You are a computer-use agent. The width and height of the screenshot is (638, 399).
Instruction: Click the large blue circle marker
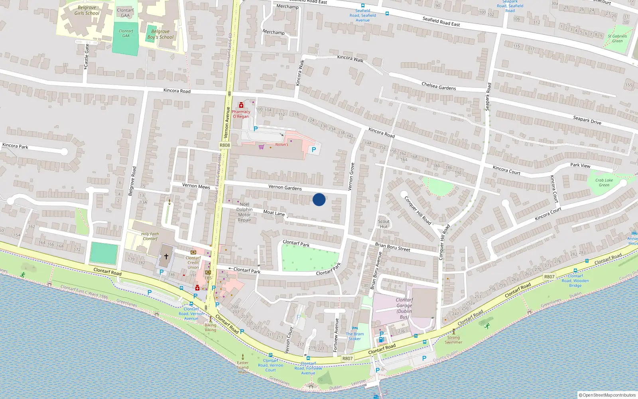pos(319,199)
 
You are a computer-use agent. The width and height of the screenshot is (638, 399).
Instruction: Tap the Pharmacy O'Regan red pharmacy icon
pos(241,105)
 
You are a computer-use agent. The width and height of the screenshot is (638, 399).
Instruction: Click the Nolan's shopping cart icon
pos(261,147)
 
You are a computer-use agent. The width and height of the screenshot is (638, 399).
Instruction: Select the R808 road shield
pos(225,145)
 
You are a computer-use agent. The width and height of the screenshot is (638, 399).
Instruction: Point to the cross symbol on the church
pos(166,257)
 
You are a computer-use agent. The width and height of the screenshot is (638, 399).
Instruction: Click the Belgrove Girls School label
pos(87,10)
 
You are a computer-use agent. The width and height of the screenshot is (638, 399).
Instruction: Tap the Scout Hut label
pos(384,224)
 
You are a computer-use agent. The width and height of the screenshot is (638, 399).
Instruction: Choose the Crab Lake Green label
pos(604,182)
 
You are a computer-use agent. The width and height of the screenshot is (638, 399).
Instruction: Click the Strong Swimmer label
pos(453,340)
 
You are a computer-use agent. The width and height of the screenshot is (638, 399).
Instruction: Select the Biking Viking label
pos(211,328)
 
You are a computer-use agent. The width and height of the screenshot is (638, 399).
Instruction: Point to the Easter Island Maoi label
pos(242,367)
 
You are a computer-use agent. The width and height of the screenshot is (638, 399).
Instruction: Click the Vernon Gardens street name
pos(285,187)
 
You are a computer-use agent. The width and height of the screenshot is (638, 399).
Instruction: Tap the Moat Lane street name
pos(274,213)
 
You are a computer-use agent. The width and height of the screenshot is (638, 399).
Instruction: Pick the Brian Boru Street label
pos(392,247)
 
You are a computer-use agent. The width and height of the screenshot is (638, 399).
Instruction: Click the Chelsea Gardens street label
pos(439,86)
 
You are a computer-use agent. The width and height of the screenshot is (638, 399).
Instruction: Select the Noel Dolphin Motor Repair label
pos(244,212)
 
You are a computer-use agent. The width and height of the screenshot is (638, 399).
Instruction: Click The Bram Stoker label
pos(354,336)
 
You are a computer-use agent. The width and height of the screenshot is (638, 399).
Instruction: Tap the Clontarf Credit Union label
pos(193,263)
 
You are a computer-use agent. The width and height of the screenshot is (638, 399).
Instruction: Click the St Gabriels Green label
pos(617,38)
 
